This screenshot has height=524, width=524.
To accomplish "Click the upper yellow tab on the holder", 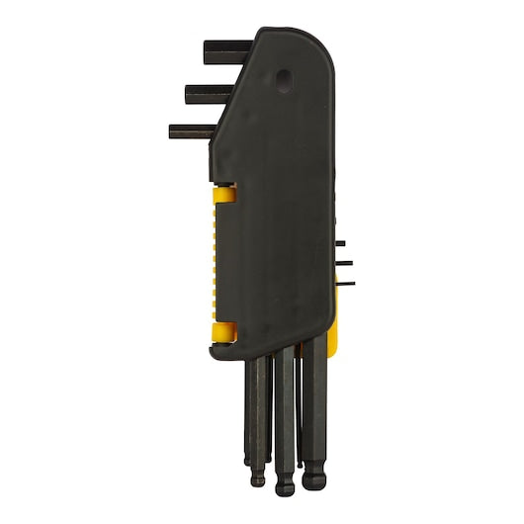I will click(x=224, y=191).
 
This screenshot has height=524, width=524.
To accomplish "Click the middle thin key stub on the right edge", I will click(x=344, y=263).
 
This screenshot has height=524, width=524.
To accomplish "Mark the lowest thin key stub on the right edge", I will click(x=346, y=283).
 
